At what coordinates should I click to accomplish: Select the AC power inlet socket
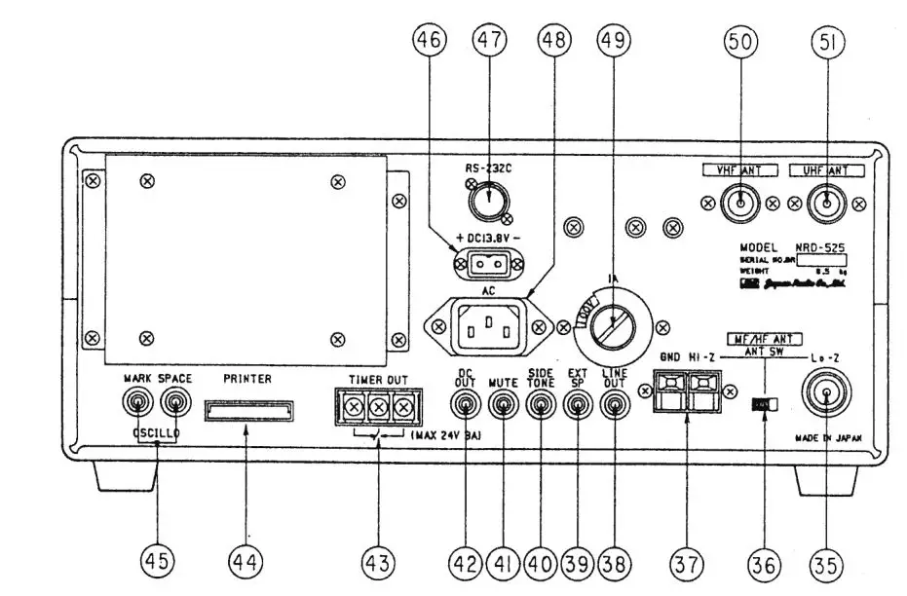click(489, 327)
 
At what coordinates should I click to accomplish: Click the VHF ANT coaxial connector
click(741, 204)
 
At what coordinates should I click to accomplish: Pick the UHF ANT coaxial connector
click(826, 204)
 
